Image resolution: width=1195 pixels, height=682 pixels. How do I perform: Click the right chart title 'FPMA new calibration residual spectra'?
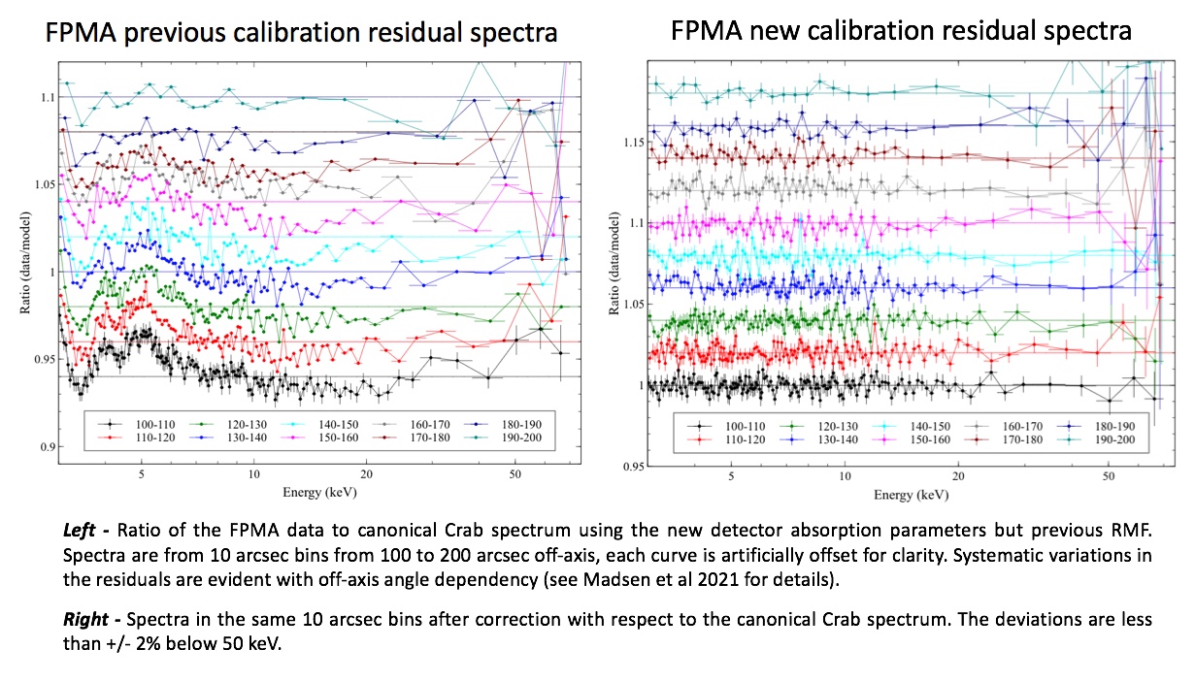pyautogui.click(x=901, y=31)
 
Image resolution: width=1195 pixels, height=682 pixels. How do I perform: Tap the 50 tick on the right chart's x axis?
pyautogui.click(x=1108, y=478)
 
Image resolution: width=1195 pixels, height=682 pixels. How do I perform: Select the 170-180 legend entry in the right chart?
pyautogui.click(x=999, y=439)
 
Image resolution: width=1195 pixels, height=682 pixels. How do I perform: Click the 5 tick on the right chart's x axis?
pyautogui.click(x=730, y=478)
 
